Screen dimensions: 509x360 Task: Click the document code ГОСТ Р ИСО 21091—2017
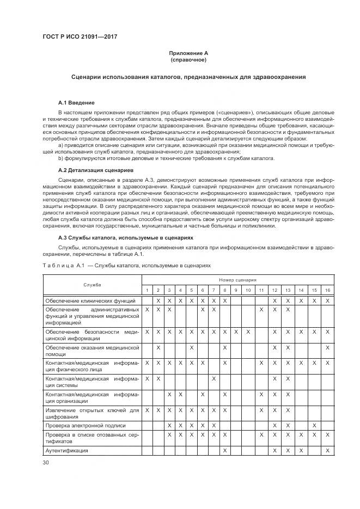(x=80, y=37)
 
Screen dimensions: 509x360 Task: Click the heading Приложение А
(x=188, y=53)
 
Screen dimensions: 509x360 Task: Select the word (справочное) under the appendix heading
(x=188, y=60)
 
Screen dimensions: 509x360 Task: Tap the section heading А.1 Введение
(x=76, y=102)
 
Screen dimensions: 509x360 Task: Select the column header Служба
(x=92, y=285)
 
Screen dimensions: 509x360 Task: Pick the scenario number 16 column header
(x=327, y=290)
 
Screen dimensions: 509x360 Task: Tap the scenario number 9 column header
(x=236, y=290)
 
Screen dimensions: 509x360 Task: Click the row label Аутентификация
(x=66, y=451)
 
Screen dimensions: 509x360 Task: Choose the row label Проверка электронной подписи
(x=86, y=425)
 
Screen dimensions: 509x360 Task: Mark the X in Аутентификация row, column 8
(x=224, y=451)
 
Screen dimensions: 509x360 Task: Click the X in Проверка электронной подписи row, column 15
(x=314, y=425)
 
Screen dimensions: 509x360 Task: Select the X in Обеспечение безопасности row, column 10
(x=248, y=332)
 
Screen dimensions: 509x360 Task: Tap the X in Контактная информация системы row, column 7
(x=213, y=378)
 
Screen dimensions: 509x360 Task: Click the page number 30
(x=46, y=462)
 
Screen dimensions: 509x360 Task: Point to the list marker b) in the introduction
(x=61, y=158)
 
